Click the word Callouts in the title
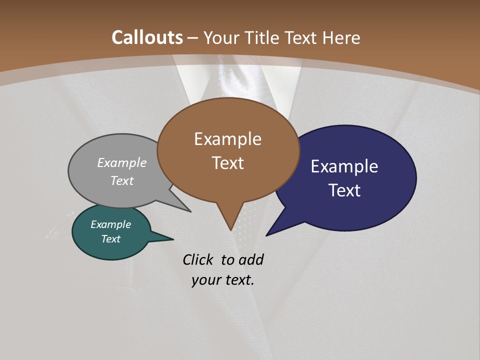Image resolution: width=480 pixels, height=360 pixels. pyautogui.click(x=147, y=37)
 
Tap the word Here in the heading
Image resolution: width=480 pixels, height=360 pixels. pyautogui.click(x=341, y=37)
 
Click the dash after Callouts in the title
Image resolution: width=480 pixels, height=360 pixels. pyautogui.click(x=194, y=38)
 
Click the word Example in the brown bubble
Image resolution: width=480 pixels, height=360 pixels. pyautogui.click(x=227, y=139)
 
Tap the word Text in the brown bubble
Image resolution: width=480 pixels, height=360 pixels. pyautogui.click(x=228, y=163)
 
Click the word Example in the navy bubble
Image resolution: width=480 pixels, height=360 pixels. pyautogui.click(x=344, y=166)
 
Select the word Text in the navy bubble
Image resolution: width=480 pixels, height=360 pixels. pyautogui.click(x=345, y=190)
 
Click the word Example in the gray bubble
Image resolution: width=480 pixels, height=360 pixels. pyautogui.click(x=122, y=163)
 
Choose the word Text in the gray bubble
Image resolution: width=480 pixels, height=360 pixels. pyautogui.click(x=122, y=181)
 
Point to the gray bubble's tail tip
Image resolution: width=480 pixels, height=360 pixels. pyautogui.click(x=190, y=211)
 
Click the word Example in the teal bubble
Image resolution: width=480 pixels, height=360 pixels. pyautogui.click(x=110, y=225)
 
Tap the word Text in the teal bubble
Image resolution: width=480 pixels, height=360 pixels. pyautogui.click(x=110, y=239)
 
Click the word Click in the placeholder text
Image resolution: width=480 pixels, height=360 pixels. pyautogui.click(x=198, y=259)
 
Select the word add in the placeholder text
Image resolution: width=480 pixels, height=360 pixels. pyautogui.click(x=251, y=259)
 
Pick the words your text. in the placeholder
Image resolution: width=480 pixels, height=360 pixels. pyautogui.click(x=223, y=280)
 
